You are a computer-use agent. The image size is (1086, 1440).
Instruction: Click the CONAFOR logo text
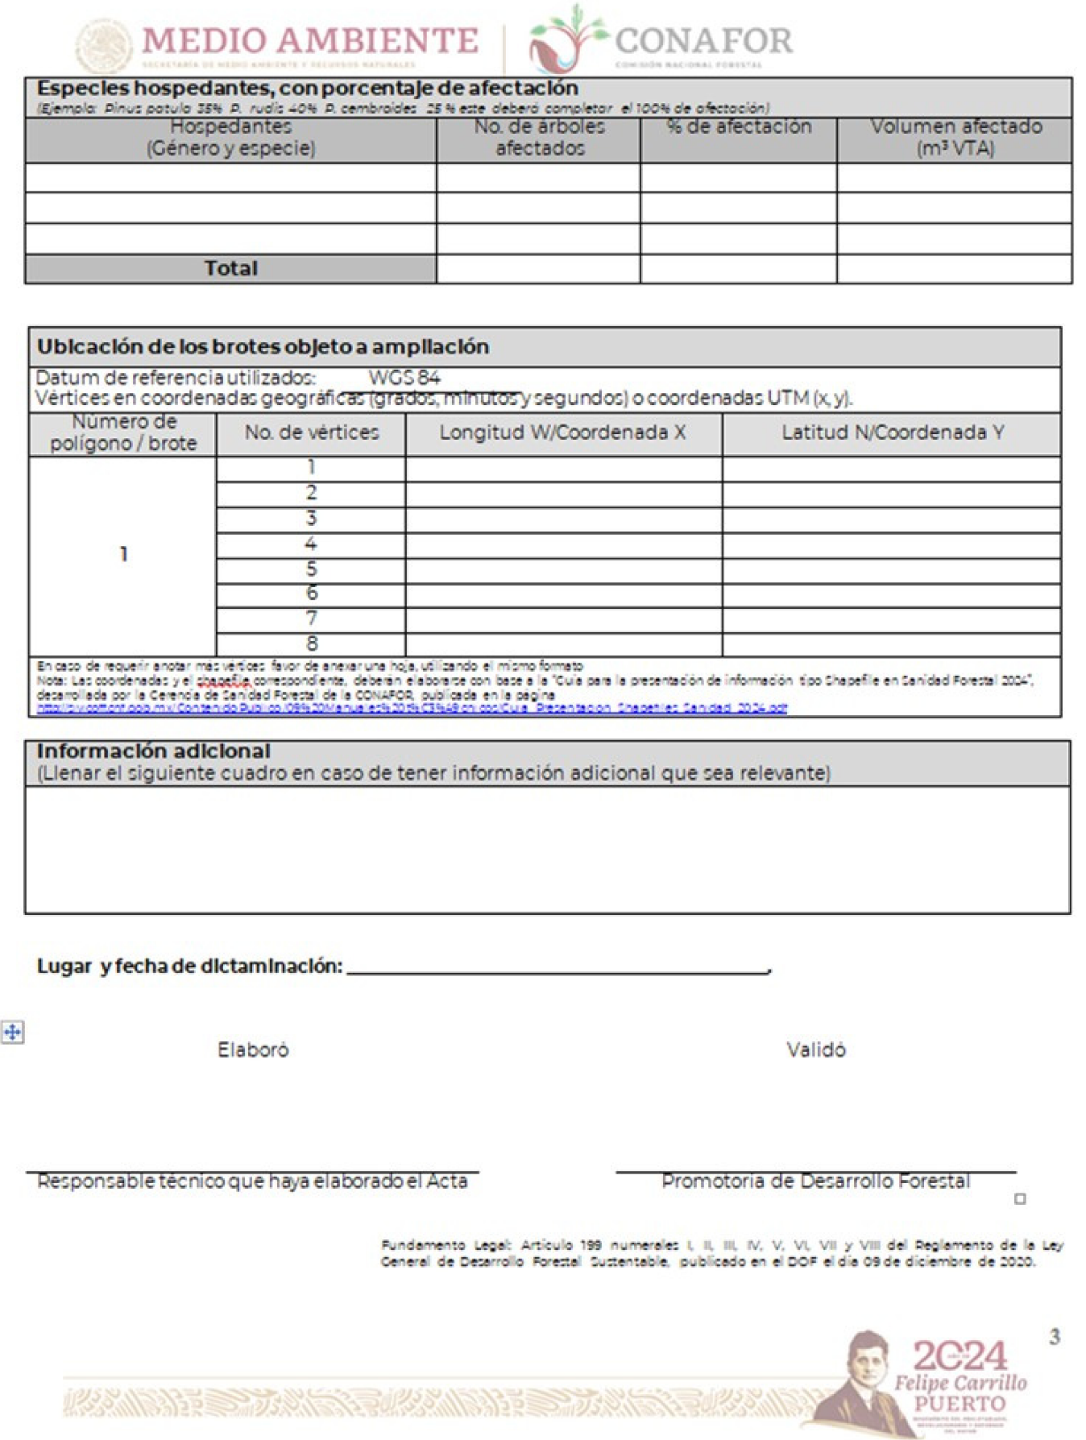(703, 40)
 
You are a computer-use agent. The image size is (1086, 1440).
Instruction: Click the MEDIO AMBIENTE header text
(310, 40)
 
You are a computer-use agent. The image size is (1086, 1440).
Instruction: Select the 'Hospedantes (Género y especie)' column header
(230, 138)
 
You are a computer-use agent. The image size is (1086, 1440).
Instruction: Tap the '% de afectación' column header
(739, 127)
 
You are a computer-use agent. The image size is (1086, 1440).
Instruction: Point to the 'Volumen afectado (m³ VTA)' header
(955, 138)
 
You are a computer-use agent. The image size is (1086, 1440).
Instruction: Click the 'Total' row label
(230, 268)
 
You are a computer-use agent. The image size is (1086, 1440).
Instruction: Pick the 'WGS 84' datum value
(404, 377)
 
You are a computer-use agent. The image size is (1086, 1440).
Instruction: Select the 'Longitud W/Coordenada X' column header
(562, 432)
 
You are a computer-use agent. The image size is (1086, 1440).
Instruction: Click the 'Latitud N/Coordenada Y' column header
(892, 432)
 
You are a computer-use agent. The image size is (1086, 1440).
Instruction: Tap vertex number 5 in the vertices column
(312, 569)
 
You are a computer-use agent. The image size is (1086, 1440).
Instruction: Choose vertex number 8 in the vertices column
(312, 643)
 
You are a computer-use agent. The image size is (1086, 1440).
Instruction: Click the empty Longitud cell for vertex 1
(563, 469)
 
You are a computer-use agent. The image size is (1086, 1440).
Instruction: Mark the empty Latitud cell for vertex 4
(891, 544)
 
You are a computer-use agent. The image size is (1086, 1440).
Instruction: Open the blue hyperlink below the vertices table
(412, 708)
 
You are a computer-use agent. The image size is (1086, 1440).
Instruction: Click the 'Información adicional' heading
(153, 751)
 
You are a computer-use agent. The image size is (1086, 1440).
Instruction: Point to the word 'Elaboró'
(253, 1049)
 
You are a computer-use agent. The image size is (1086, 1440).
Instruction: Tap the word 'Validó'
(816, 1049)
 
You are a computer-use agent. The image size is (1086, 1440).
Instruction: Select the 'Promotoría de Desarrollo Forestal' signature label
(815, 1181)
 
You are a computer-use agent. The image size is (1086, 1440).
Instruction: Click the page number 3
(1055, 1338)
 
